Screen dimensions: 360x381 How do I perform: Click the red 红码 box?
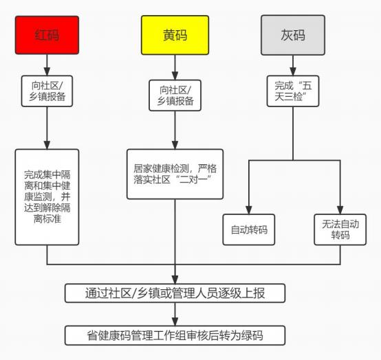[x=47, y=35]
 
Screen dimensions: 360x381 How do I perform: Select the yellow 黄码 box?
[x=175, y=35]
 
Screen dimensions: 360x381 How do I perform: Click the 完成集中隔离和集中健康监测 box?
[x=47, y=196]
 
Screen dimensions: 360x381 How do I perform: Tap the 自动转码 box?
[x=248, y=229]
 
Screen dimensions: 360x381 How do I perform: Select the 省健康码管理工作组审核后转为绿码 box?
[x=175, y=336]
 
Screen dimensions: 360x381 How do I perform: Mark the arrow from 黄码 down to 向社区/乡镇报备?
[x=175, y=67]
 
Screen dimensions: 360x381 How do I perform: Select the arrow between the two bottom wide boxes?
[x=175, y=315]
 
